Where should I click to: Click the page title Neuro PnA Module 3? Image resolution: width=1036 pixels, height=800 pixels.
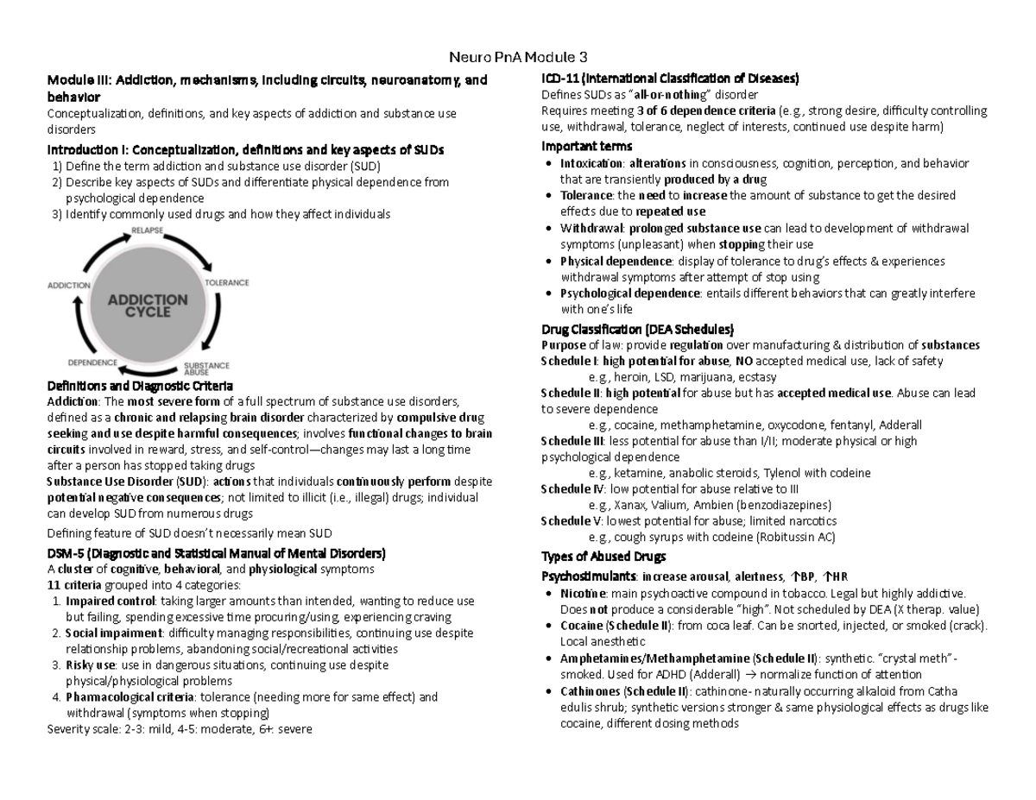[518, 58]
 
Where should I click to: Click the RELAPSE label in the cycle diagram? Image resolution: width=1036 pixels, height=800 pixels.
[147, 230]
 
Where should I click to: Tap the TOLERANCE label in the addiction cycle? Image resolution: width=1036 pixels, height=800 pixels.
[226, 282]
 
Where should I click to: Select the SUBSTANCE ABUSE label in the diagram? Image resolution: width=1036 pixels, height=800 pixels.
[206, 369]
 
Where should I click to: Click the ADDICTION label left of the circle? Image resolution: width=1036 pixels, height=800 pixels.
[69, 285]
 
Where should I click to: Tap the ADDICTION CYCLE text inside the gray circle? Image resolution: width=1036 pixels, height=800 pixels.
[147, 306]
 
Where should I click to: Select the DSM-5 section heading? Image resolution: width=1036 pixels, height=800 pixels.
[216, 553]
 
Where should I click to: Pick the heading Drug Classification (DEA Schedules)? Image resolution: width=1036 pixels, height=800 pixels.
[637, 330]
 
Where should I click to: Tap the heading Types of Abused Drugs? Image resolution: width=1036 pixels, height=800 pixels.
[603, 556]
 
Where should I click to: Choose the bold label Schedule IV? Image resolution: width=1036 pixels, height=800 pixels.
[571, 488]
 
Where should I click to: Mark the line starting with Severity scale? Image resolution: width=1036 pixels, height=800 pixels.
[179, 729]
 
